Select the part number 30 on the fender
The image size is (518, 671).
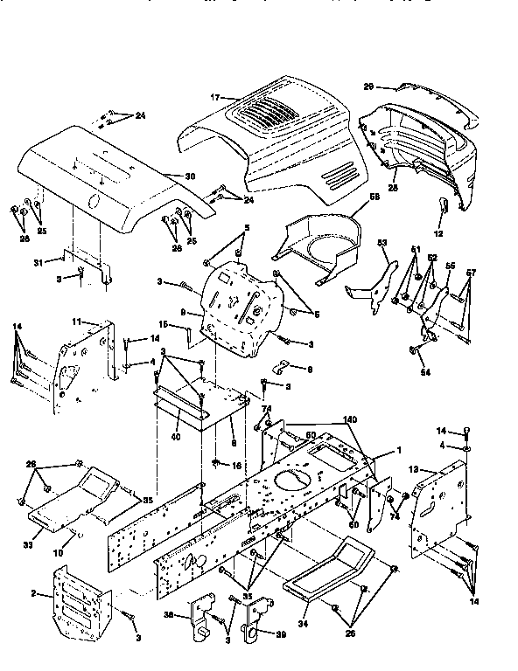coord(189,176)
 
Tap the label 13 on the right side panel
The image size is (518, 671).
coord(414,468)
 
